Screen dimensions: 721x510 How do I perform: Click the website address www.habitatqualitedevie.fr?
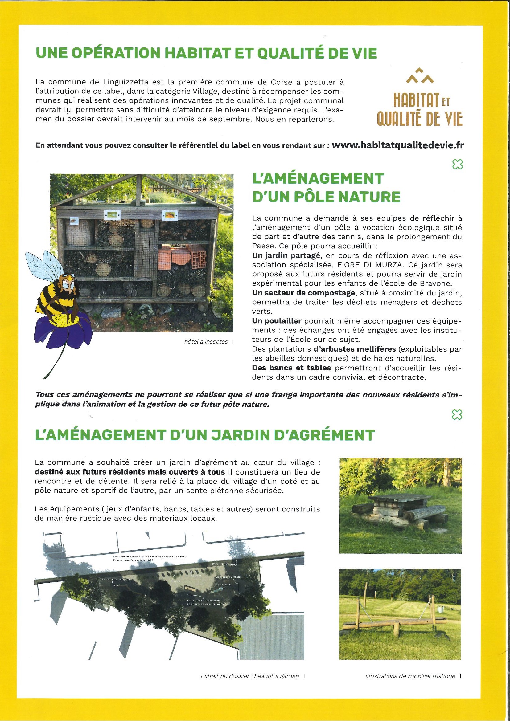point(397,145)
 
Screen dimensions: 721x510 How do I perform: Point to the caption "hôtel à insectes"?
point(206,342)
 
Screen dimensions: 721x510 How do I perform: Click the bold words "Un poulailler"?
point(277,321)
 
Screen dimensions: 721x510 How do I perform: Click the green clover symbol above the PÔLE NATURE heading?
point(457,164)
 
